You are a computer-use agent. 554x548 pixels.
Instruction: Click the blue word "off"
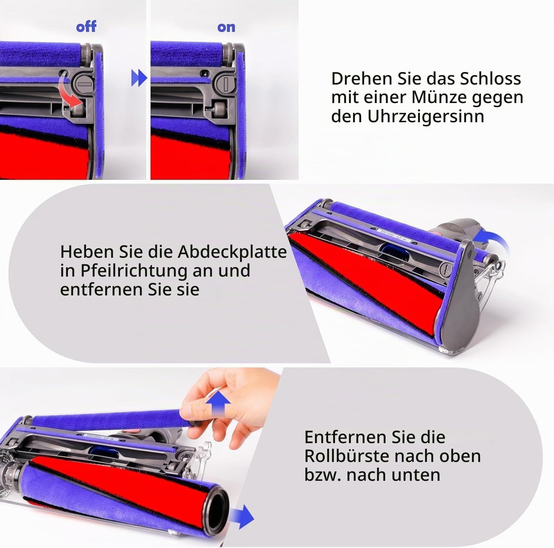tap(86, 27)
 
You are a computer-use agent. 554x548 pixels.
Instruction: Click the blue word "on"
tap(226, 27)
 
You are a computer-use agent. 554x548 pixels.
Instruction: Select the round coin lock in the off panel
tap(85, 84)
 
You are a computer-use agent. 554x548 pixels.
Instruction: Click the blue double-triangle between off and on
tap(139, 78)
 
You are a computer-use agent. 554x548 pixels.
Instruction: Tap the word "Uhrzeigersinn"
tap(425, 116)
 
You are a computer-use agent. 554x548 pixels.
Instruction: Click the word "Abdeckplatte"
tap(232, 252)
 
